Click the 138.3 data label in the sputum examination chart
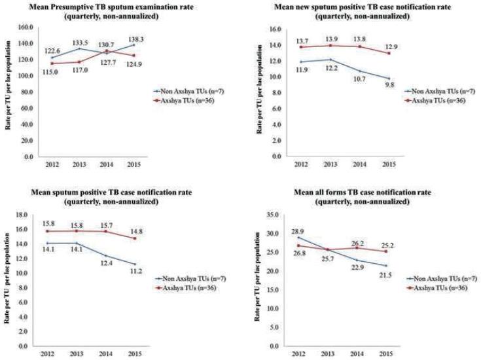point(118,39)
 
